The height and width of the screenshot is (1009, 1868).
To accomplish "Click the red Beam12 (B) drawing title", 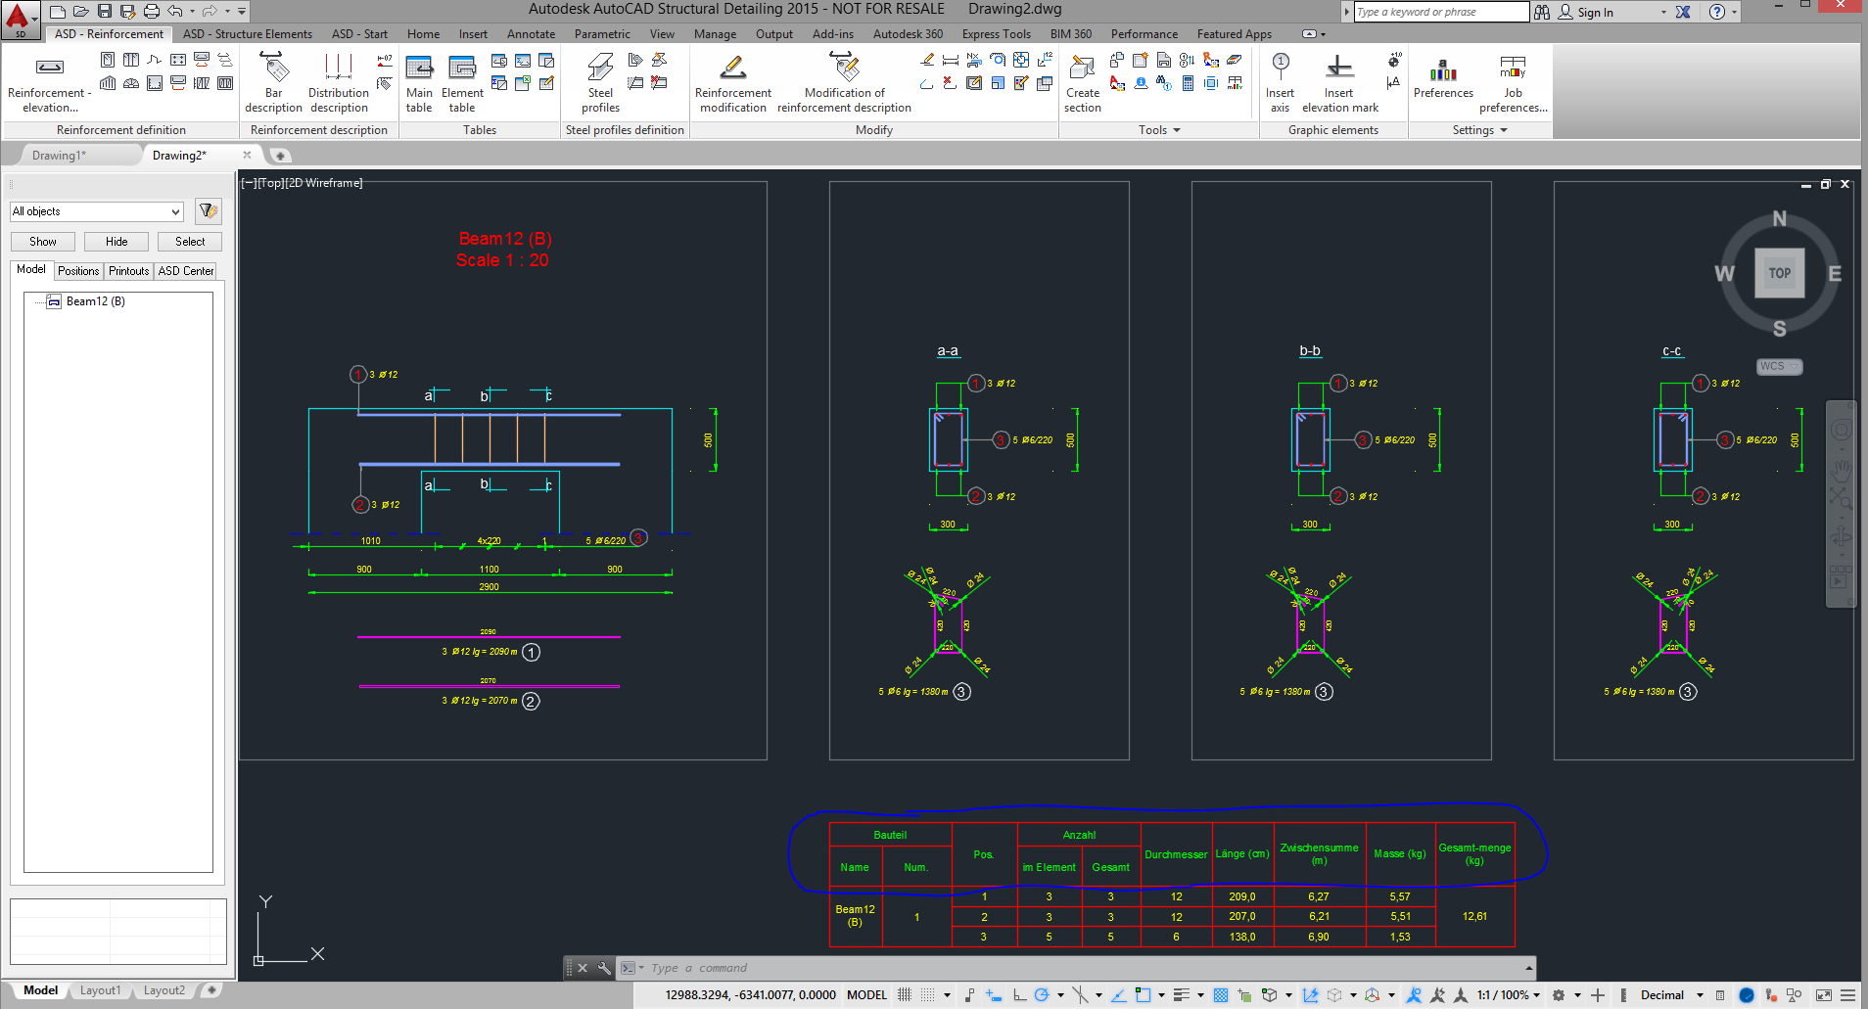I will tap(505, 239).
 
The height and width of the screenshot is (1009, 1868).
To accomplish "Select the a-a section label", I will tap(948, 351).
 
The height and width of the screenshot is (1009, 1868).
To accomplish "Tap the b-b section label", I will tap(1310, 351).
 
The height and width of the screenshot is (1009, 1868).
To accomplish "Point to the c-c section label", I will tap(1672, 351).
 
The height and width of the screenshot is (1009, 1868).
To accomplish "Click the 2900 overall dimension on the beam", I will tap(489, 587).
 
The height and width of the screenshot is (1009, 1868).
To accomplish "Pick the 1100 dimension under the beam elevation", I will tap(489, 570).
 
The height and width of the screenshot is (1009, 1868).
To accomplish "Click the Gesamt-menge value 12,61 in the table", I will tap(1474, 917).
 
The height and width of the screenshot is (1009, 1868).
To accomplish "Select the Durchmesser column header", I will tap(1176, 854).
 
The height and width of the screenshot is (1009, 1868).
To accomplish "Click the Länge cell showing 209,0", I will tap(1242, 896).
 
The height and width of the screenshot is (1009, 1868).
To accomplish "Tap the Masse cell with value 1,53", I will tap(1400, 938).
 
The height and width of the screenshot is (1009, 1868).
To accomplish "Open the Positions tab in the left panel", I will tap(78, 271).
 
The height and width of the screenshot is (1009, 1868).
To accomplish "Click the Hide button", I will tap(117, 242).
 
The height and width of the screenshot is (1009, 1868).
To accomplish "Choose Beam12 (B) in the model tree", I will tap(95, 301).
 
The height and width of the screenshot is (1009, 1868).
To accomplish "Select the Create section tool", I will tap(1082, 83).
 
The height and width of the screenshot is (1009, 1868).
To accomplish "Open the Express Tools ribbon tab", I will tap(996, 34).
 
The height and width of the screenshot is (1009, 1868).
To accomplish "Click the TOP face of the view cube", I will tap(1779, 274).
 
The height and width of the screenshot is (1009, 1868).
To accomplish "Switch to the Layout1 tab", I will tap(100, 990).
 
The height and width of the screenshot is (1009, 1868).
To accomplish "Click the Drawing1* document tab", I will tap(59, 156).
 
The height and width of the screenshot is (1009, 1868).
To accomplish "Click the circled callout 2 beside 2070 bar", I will tap(531, 702).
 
